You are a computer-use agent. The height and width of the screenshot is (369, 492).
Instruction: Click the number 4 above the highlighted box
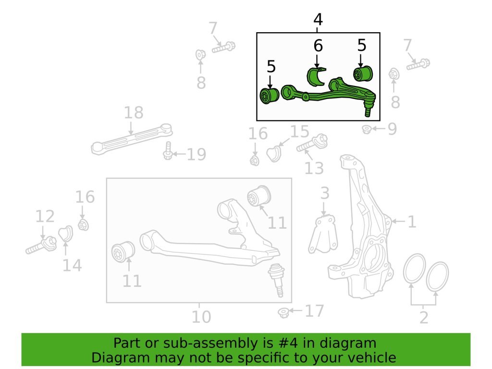[x=318, y=20]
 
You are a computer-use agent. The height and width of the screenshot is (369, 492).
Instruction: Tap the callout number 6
[x=318, y=46]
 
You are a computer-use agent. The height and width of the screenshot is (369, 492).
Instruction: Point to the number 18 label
[x=134, y=113]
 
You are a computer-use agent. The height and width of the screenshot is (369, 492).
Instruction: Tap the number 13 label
[x=314, y=168]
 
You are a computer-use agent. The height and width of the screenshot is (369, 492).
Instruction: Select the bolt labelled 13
[x=312, y=144]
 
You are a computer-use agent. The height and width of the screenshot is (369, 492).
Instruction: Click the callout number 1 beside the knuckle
[x=412, y=222]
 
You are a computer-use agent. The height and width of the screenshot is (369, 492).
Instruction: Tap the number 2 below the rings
[x=423, y=318]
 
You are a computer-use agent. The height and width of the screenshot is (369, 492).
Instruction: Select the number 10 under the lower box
[x=201, y=317]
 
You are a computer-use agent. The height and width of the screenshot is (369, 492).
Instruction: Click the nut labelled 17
[x=284, y=312]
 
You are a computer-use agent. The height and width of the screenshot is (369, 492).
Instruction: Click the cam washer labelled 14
[x=65, y=234]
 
